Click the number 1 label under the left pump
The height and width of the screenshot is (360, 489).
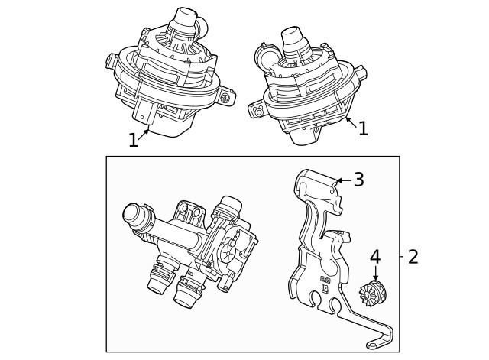134,140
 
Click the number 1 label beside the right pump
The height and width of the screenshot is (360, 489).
363,128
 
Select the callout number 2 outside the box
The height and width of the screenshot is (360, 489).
413,257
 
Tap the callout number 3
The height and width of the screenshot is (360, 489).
358,180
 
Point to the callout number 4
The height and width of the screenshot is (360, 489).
374,257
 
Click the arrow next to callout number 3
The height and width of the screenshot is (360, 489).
342,180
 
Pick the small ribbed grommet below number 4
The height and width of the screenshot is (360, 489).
374,291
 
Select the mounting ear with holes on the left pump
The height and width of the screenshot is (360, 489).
224,97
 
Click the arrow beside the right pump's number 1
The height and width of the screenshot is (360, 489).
348,121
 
